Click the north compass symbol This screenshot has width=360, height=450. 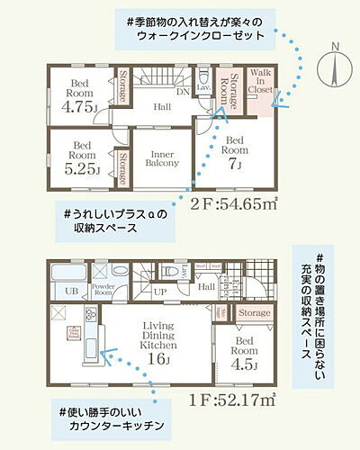[x=334, y=65]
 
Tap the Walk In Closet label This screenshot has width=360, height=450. [x=262, y=84]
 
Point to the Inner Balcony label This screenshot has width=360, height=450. [x=162, y=157]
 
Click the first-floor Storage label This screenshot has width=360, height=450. [x=255, y=312]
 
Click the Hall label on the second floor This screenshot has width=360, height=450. [x=162, y=107]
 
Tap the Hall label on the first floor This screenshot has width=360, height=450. [x=205, y=287]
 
